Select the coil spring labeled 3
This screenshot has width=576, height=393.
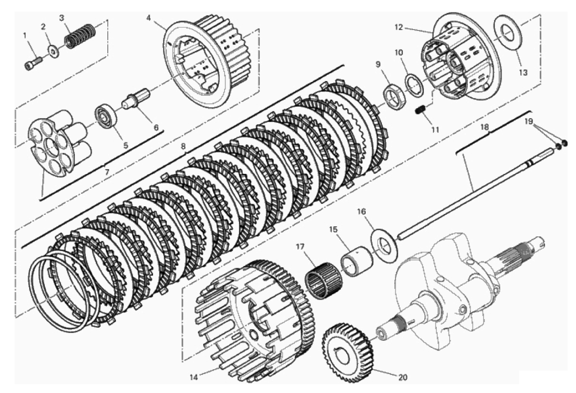80,35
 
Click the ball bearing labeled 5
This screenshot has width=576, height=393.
106,115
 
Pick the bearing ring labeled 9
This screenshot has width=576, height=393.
394,96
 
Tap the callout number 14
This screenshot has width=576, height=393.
194,377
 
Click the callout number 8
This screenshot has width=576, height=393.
183,146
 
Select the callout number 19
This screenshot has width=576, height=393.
529,121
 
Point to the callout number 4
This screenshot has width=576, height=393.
148,18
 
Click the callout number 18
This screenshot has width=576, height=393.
484,127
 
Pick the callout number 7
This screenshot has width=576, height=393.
107,172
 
